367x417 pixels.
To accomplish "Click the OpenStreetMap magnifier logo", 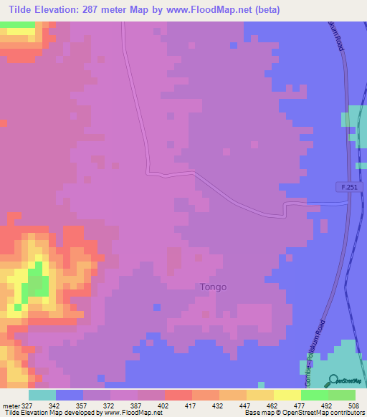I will tap(333, 381).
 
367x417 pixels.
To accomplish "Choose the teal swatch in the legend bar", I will tap(42, 395).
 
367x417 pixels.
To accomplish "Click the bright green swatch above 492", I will tap(314, 395).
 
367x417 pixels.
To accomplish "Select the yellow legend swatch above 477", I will tap(287, 395).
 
